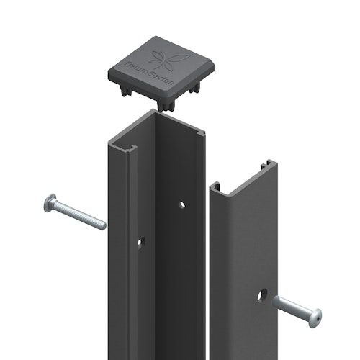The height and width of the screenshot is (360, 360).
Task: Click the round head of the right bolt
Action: pos(314,317)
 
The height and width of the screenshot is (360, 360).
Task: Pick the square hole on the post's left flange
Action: pos(141,241)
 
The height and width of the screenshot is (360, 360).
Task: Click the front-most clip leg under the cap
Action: pos(168,105)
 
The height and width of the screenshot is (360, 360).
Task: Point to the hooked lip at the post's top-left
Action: pos(119,148)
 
